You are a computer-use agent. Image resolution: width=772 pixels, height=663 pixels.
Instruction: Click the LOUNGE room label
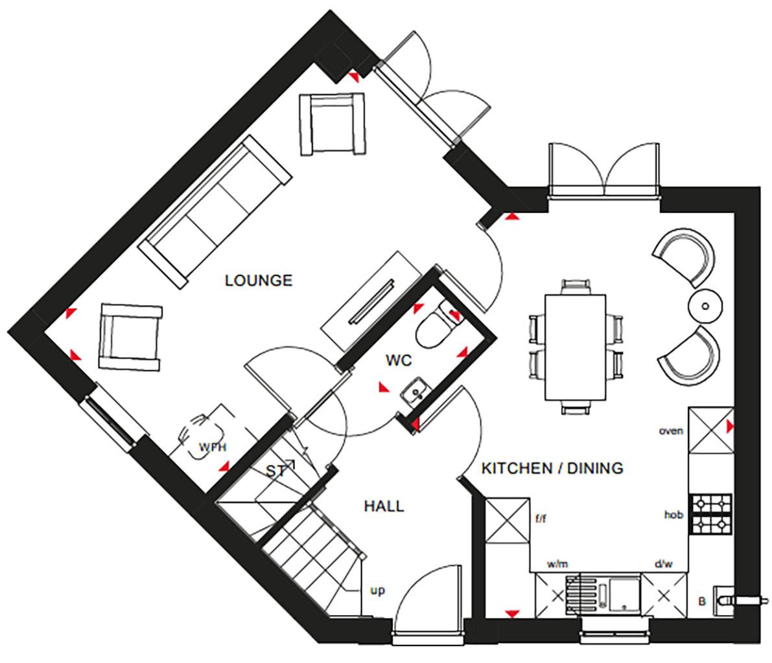(x=258, y=280)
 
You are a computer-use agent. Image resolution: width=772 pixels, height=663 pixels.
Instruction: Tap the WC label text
(x=400, y=360)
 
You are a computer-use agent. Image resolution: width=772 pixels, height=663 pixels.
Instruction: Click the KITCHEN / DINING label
(x=552, y=467)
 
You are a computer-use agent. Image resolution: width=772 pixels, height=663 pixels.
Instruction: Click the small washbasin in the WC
(x=412, y=391)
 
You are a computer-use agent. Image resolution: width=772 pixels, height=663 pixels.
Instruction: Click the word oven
(x=671, y=431)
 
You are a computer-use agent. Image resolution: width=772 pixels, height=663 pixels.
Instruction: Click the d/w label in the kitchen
(x=663, y=565)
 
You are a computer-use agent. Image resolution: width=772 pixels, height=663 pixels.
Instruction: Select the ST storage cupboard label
(x=275, y=471)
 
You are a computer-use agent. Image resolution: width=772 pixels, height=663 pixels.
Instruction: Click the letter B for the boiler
(x=701, y=601)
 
